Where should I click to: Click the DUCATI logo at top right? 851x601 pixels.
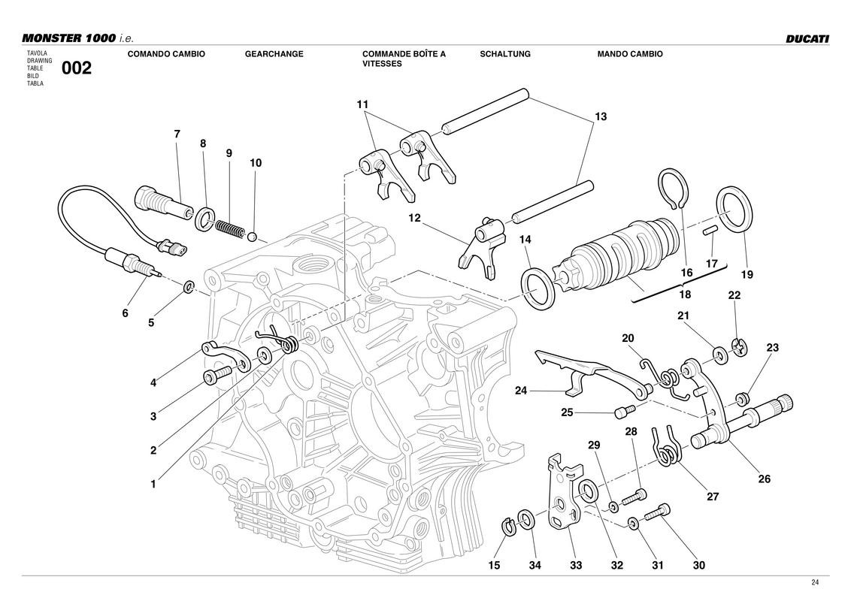[807, 38]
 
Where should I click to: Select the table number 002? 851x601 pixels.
[77, 69]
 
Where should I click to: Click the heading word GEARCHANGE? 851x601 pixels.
[274, 54]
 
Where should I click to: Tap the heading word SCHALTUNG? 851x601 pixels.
[504, 54]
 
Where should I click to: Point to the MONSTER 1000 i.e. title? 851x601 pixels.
[77, 38]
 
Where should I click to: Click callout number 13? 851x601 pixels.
[600, 117]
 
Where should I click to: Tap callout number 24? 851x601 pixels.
[521, 390]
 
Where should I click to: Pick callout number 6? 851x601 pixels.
[126, 313]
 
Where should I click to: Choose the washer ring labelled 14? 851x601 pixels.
[539, 289]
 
